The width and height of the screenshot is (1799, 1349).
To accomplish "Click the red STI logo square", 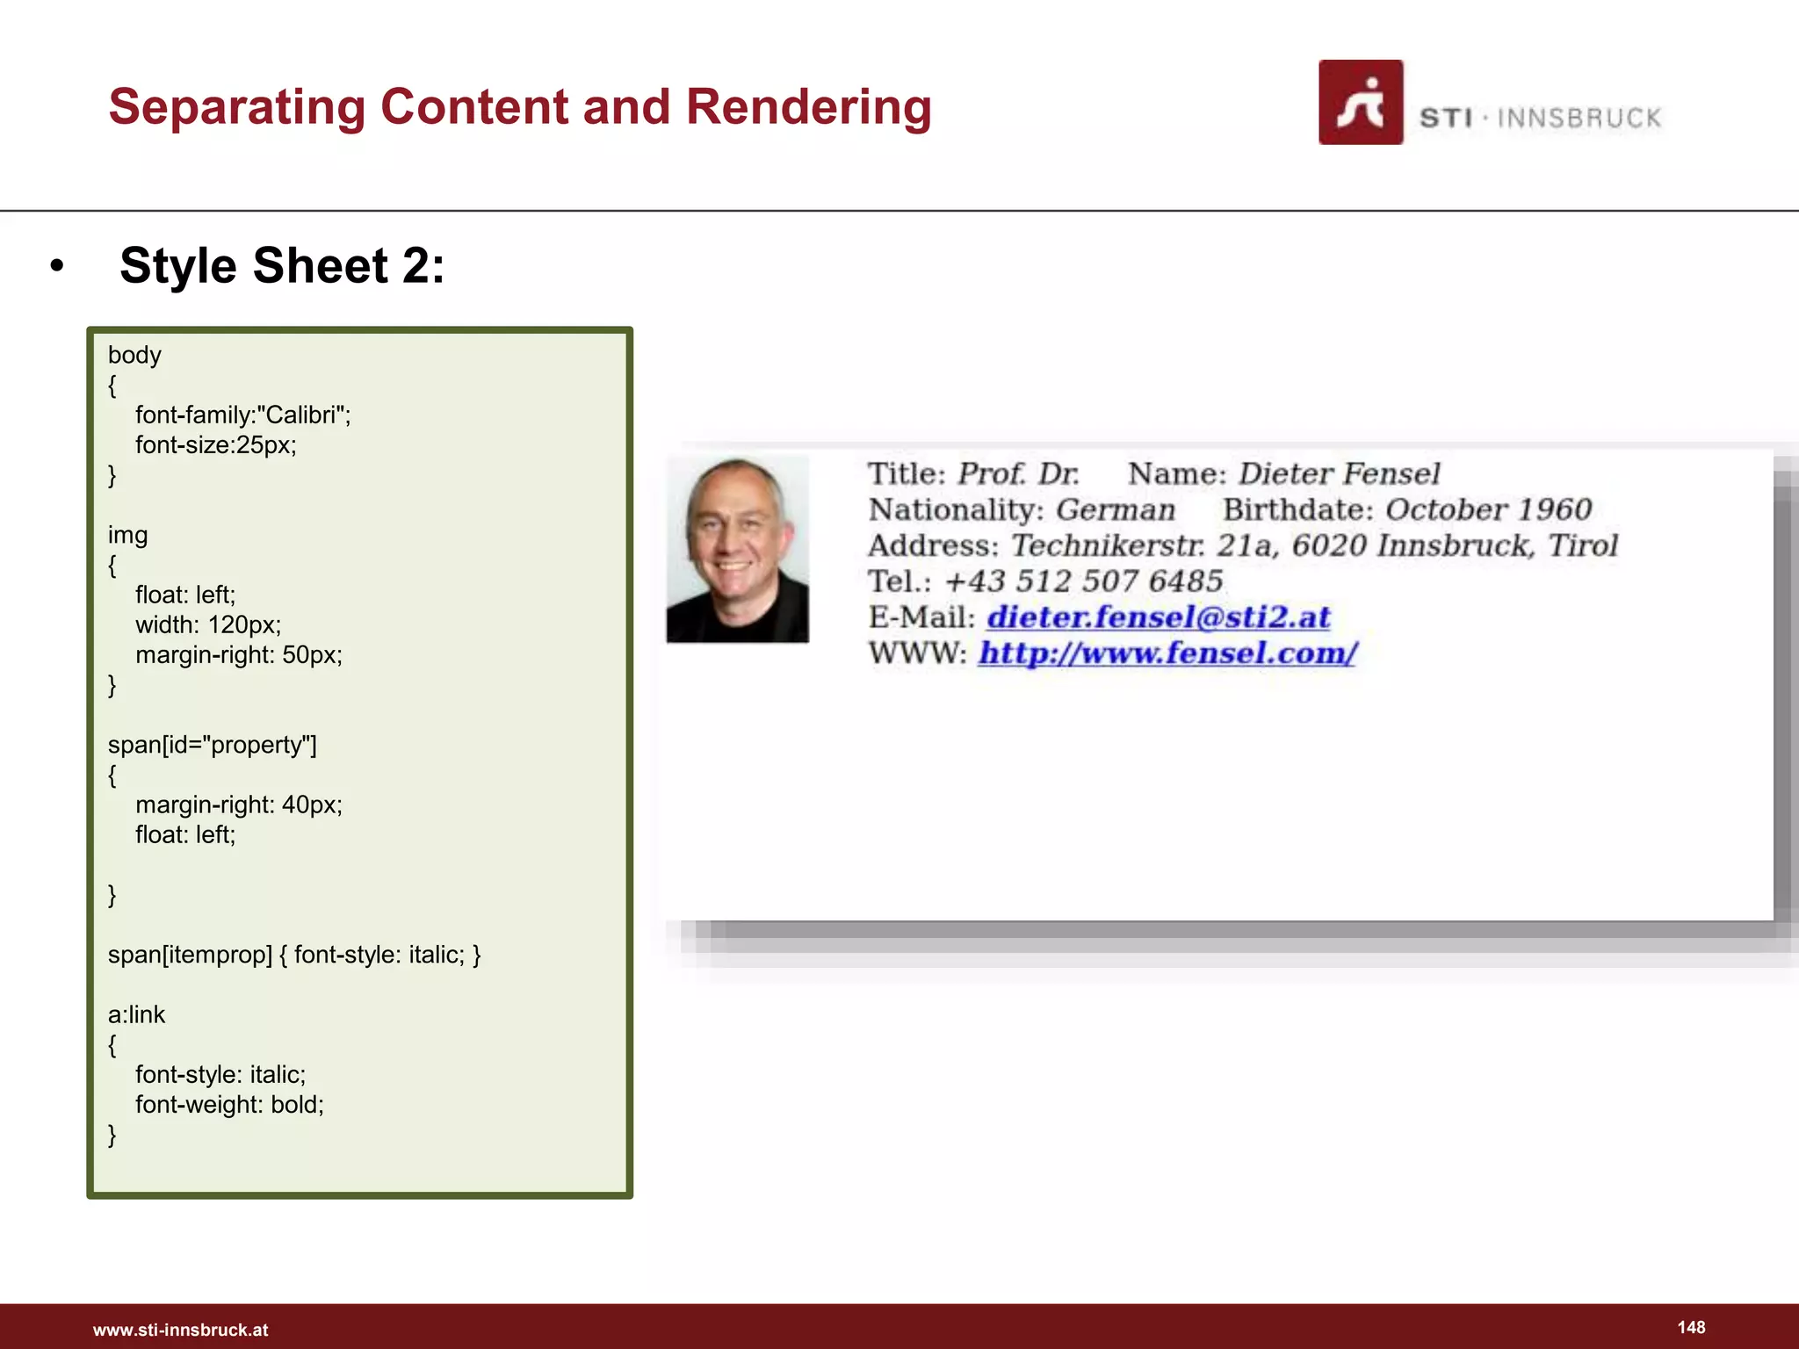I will pos(1360,102).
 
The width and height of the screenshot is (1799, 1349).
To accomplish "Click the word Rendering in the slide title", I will pos(808,107).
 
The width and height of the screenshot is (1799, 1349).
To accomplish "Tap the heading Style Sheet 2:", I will pos(282,265).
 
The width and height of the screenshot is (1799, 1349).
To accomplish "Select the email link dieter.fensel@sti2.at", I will pos(1158,617).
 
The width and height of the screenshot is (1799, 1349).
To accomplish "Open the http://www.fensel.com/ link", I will pos(1167,653).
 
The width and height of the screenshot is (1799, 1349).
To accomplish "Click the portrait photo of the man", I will pos(738,550).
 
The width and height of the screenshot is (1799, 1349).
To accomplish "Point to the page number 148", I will pos(1691,1327).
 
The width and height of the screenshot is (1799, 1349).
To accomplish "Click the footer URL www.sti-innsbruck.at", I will pos(181,1330).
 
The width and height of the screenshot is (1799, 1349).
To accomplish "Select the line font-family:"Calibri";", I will pos(242,415).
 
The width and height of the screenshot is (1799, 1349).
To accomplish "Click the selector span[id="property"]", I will pos(212,745).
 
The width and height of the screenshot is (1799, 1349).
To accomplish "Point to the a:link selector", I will pos(136,1014).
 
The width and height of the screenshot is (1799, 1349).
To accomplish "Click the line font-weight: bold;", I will pos(229,1104).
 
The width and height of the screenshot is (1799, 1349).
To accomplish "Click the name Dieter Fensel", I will pos(1339,474).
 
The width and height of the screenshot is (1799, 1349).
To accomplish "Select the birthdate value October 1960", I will pos(1488,509).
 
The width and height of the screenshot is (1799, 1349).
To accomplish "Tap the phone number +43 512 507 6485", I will pos(1083,581).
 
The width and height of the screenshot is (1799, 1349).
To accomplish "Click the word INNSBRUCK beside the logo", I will pos(1579,118).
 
